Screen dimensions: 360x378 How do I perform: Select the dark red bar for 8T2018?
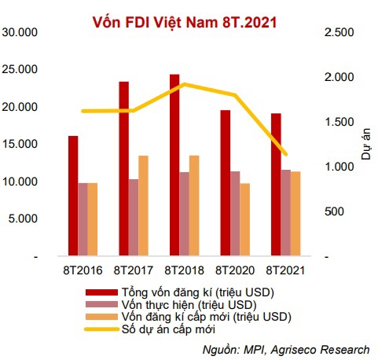click(x=174, y=165)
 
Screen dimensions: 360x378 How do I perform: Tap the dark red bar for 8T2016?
click(x=72, y=196)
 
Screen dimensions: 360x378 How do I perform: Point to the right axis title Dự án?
click(x=366, y=145)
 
